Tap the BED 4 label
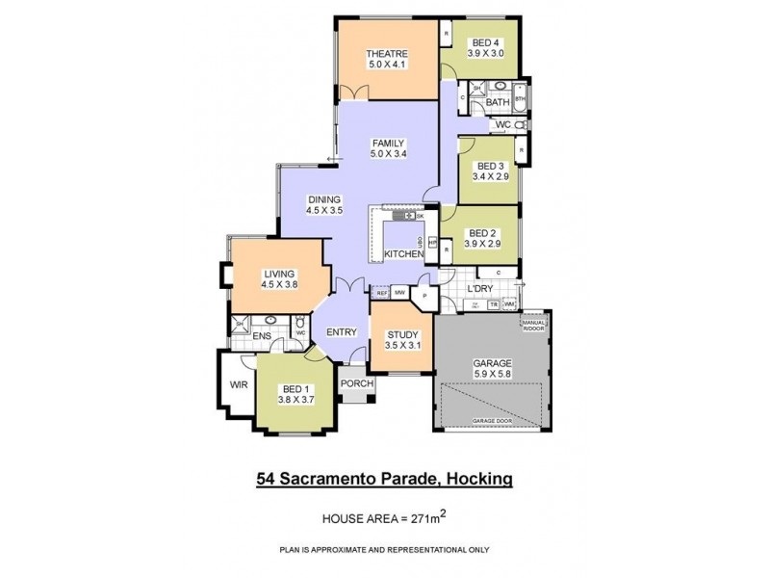(x=485, y=43)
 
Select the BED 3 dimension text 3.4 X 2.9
(x=490, y=177)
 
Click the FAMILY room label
(x=389, y=143)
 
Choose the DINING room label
(x=324, y=198)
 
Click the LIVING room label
(x=279, y=274)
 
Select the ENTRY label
(x=342, y=332)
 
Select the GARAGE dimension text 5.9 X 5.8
(x=492, y=376)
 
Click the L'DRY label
(x=479, y=289)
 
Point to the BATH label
(x=498, y=102)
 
